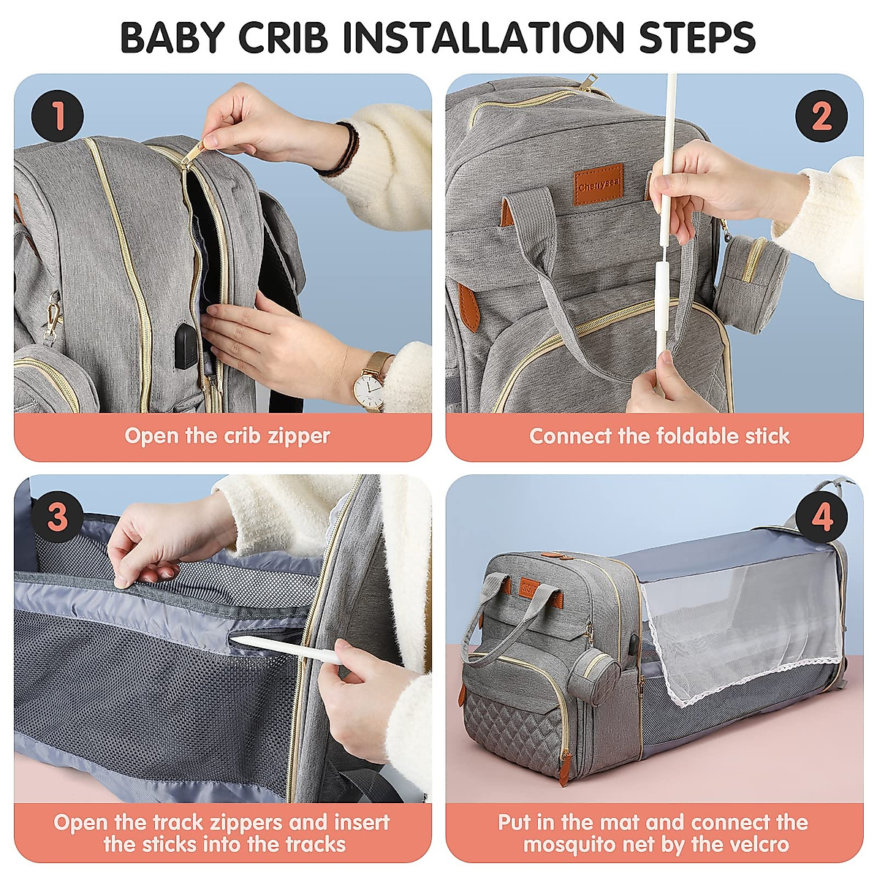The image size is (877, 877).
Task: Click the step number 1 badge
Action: coord(57,117)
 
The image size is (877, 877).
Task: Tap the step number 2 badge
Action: coord(821,117)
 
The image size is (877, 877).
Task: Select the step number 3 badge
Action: coord(57,517)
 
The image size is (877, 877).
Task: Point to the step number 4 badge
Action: coord(821,517)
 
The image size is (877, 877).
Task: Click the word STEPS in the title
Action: coord(696,38)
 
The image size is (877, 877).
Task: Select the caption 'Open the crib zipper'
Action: coord(227,436)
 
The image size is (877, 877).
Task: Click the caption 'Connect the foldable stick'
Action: coord(659,436)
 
